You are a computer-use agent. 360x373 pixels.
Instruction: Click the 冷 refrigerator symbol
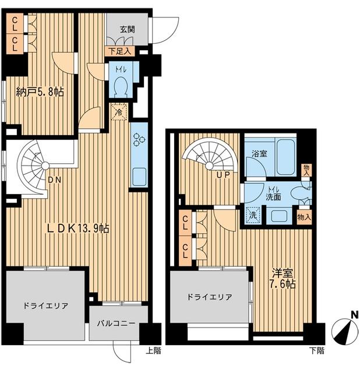pyautogui.click(x=119, y=110)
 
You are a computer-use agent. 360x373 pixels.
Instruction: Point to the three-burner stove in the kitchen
pyautogui.click(x=139, y=140)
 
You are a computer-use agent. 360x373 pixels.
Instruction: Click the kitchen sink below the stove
pyautogui.click(x=139, y=174)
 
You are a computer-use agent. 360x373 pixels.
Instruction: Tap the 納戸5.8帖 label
pyautogui.click(x=40, y=92)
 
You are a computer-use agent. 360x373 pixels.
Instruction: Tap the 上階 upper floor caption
pyautogui.click(x=154, y=351)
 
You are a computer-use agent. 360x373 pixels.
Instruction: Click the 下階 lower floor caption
pyautogui.click(x=317, y=351)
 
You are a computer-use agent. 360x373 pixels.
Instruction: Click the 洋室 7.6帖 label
pyautogui.click(x=283, y=278)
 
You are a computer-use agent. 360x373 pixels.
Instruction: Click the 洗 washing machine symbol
pyautogui.click(x=252, y=214)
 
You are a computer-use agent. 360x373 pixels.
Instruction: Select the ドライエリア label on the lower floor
pyautogui.click(x=209, y=297)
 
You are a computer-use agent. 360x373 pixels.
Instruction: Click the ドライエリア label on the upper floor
pyautogui.click(x=46, y=305)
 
